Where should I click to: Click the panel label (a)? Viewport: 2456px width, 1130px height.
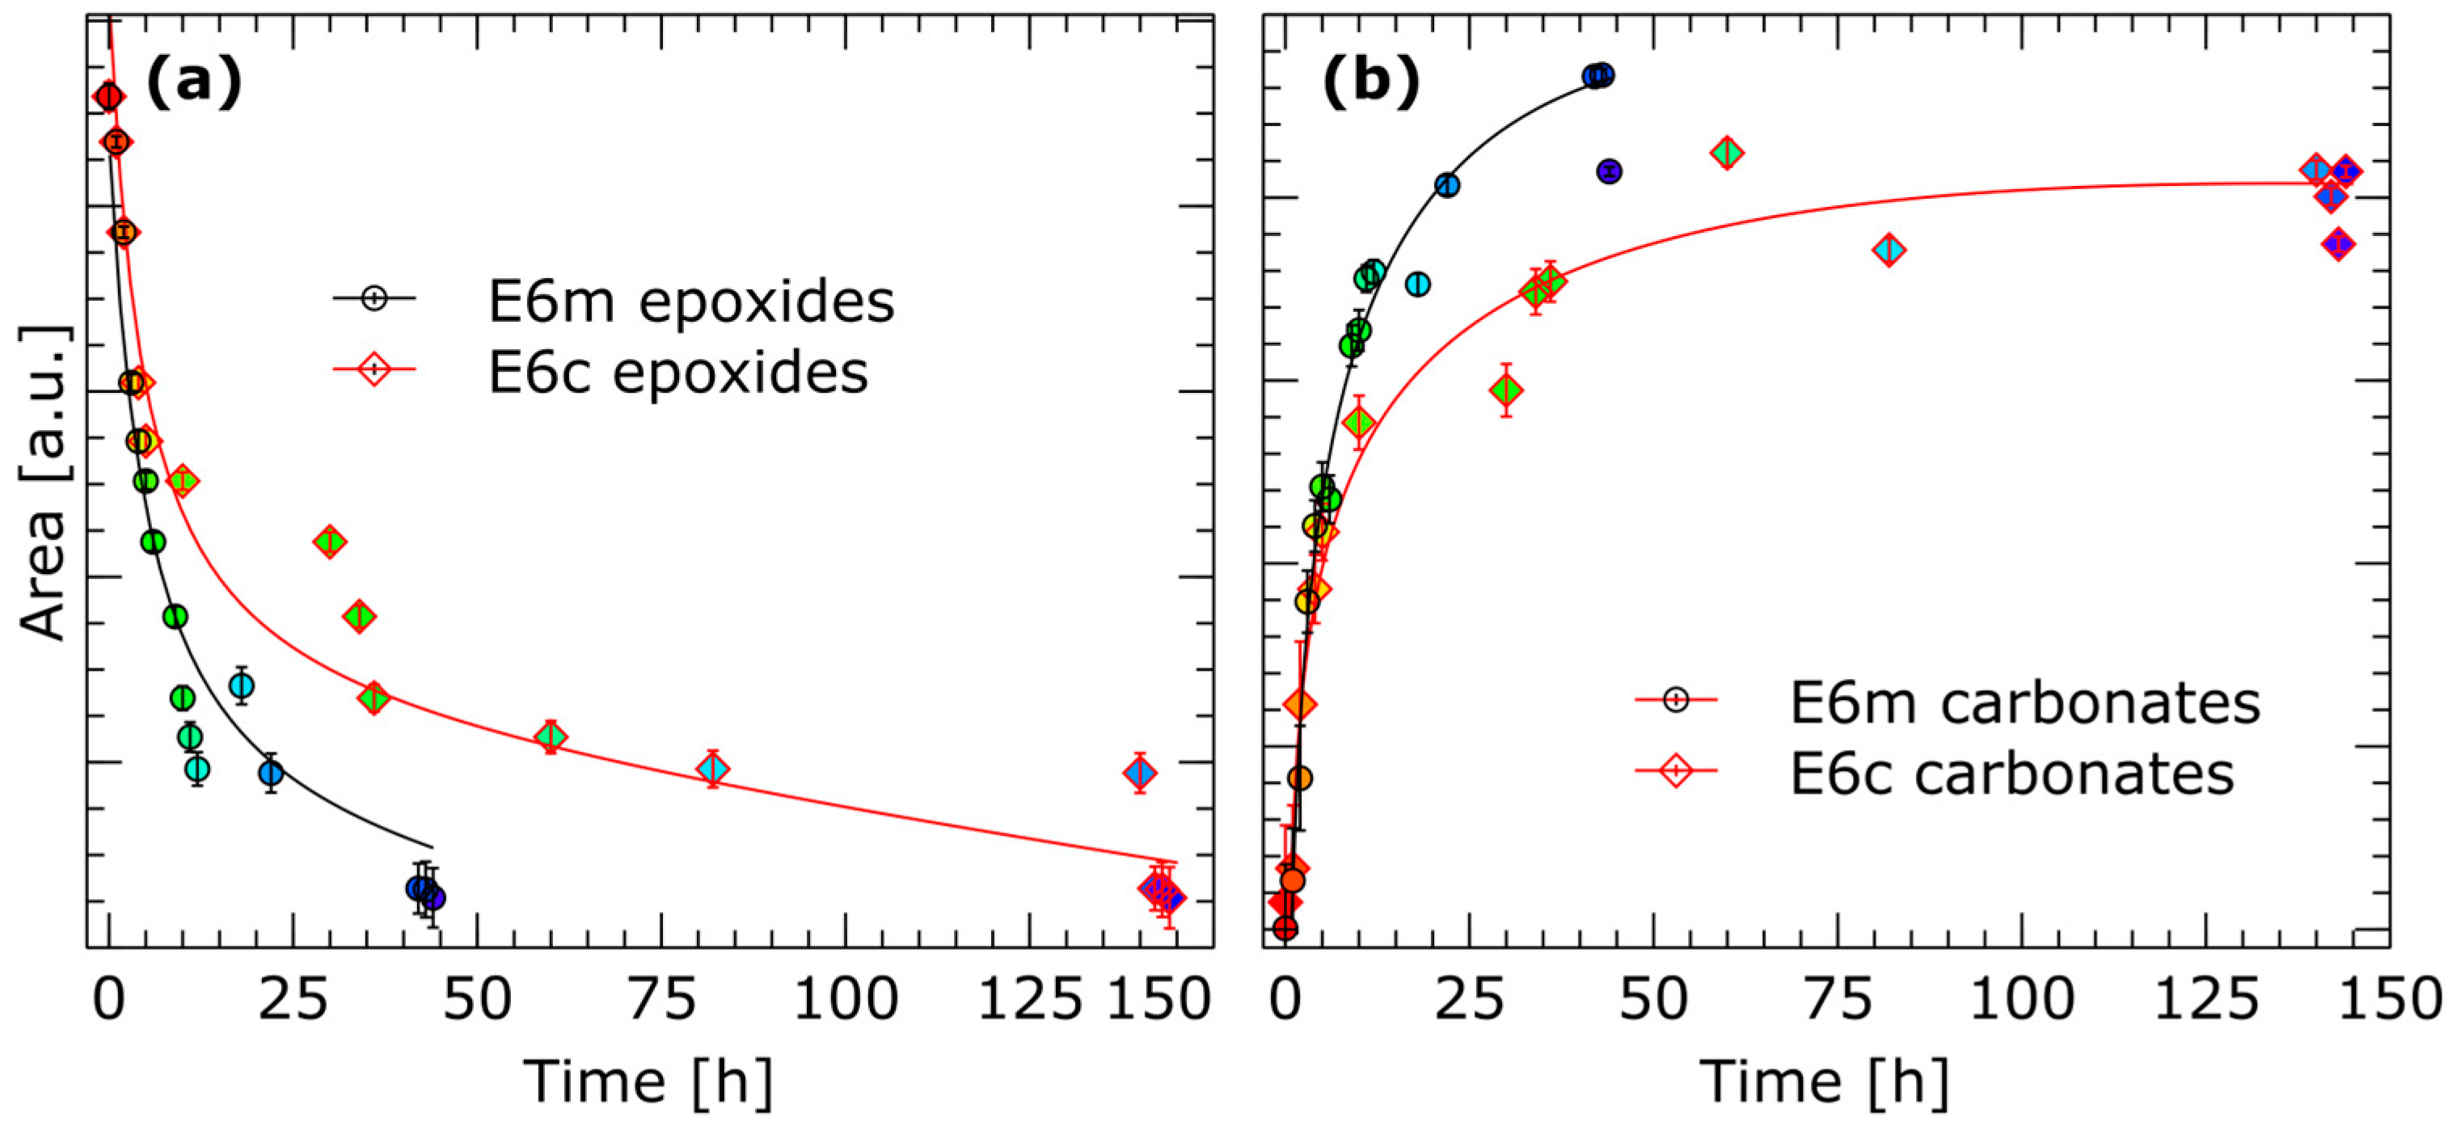pyautogui.click(x=193, y=80)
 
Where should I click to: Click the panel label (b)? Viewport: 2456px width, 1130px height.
pyautogui.click(x=1370, y=80)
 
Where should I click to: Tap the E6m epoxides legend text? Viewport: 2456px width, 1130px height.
pyautogui.click(x=690, y=301)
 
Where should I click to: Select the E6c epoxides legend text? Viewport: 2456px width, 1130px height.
pyautogui.click(x=678, y=372)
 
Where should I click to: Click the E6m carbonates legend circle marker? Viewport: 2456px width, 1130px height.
pyautogui.click(x=1675, y=700)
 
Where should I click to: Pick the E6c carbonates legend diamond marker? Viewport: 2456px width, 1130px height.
pyautogui.click(x=1675, y=769)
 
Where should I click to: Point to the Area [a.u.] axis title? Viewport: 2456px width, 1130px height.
pyautogui.click(x=44, y=483)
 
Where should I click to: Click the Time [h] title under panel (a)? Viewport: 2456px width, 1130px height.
pyautogui.click(x=648, y=1082)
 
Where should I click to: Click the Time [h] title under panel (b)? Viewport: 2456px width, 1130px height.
pyautogui.click(x=1824, y=1082)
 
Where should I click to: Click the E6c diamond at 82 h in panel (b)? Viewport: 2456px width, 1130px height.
pyautogui.click(x=1888, y=250)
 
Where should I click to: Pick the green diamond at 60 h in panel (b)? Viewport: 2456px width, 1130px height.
pyautogui.click(x=1727, y=153)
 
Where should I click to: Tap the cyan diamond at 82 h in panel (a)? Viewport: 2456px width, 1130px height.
pyautogui.click(x=712, y=769)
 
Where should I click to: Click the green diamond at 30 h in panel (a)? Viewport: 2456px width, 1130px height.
pyautogui.click(x=330, y=542)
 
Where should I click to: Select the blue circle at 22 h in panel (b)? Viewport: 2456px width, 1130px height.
pyautogui.click(x=1446, y=185)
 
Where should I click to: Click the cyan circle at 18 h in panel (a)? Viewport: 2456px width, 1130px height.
pyautogui.click(x=241, y=685)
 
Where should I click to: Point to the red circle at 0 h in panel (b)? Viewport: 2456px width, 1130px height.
pyautogui.click(x=1285, y=928)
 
